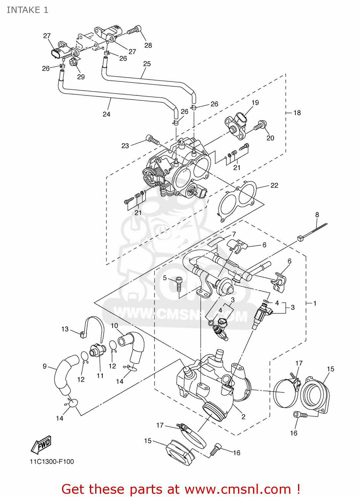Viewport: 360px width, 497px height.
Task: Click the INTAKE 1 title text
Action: (x=28, y=10)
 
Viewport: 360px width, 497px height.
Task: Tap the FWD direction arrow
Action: (x=41, y=445)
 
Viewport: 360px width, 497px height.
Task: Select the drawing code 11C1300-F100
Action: (x=52, y=462)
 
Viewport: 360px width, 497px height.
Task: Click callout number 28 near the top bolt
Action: (x=148, y=45)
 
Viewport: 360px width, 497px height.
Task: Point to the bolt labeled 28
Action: (x=134, y=30)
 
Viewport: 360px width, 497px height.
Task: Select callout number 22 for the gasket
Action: (x=274, y=185)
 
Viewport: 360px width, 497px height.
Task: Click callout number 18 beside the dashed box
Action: (x=297, y=113)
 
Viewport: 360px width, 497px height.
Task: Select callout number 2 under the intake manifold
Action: (x=243, y=416)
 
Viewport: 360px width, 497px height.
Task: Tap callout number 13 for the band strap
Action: (x=65, y=329)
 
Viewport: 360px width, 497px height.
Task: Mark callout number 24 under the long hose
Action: (x=106, y=114)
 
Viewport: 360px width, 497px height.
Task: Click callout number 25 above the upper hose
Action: (x=147, y=64)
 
